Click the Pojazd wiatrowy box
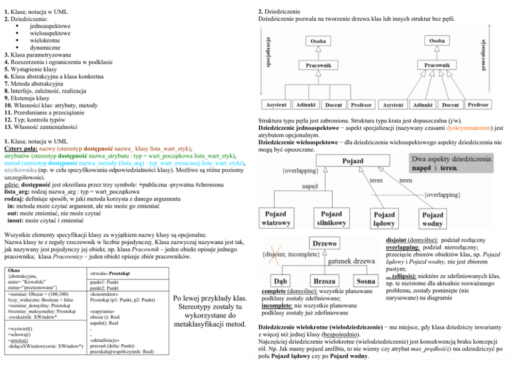point(278,218)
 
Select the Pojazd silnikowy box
point(331,218)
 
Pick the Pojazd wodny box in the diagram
point(433,219)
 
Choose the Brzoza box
point(324,280)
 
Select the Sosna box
point(366,280)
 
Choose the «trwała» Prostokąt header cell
point(111,273)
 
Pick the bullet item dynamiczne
point(44,47)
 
